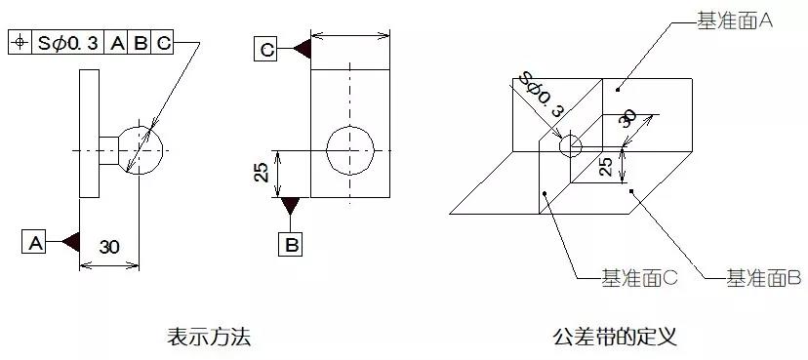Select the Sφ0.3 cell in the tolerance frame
coord(69,43)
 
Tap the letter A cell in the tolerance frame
coord(118,43)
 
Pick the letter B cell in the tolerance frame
coord(141,43)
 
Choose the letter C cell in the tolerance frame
coord(164,43)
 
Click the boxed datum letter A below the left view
coord(35,242)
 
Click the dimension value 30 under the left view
coord(109,247)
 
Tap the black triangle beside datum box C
coord(301,47)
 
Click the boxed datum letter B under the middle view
coord(291,244)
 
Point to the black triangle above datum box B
coord(291,207)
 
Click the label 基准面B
coord(763,279)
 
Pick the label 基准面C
coord(639,279)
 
